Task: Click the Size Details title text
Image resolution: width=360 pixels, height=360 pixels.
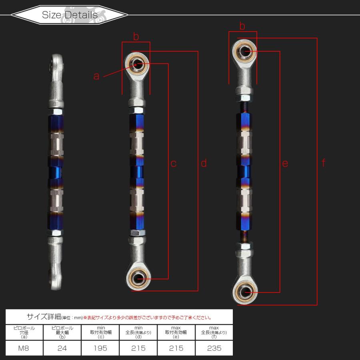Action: tap(70, 15)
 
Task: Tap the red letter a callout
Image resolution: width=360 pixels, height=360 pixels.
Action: tap(96, 76)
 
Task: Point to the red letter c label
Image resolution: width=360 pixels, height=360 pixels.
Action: tap(173, 164)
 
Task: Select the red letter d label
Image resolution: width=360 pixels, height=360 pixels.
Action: tap(204, 164)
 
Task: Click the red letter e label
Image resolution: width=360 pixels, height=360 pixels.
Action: tap(285, 164)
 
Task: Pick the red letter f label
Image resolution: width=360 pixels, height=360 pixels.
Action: tap(323, 164)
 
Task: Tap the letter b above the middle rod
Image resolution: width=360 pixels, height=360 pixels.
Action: tap(136, 37)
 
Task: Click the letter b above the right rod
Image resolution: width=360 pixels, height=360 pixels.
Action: tap(242, 26)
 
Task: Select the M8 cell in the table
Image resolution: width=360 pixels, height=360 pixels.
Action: tap(24, 348)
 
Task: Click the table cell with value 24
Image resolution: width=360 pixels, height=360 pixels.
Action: tap(62, 348)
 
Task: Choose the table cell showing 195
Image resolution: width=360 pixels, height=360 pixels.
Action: tap(100, 348)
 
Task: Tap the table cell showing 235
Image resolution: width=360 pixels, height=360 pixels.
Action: tap(214, 348)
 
